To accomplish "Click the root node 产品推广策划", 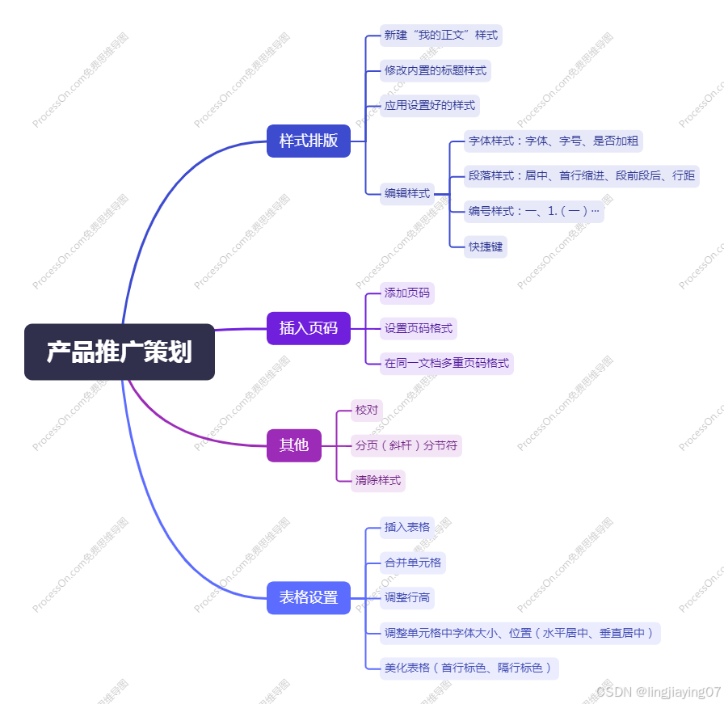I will (x=120, y=352).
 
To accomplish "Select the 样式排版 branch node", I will (x=309, y=141).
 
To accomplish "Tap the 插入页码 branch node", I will (x=309, y=328).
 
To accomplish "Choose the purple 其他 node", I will (x=294, y=445).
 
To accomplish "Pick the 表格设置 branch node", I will (x=309, y=598).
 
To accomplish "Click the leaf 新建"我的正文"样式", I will (x=441, y=36).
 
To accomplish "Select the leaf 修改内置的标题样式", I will (x=436, y=71).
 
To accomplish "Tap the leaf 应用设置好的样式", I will (x=430, y=106).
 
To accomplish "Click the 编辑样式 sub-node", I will (x=407, y=193).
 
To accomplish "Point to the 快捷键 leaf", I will (x=486, y=247).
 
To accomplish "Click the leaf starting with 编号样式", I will (x=534, y=212).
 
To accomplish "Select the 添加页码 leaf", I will (x=407, y=293).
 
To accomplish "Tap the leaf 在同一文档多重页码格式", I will (x=447, y=364).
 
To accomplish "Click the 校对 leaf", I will (x=367, y=411).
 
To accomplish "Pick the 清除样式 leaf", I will (x=378, y=481).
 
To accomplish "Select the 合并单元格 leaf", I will (x=413, y=563).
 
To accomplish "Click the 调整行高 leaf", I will (x=407, y=598).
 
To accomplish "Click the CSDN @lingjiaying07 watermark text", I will (x=658, y=692).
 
